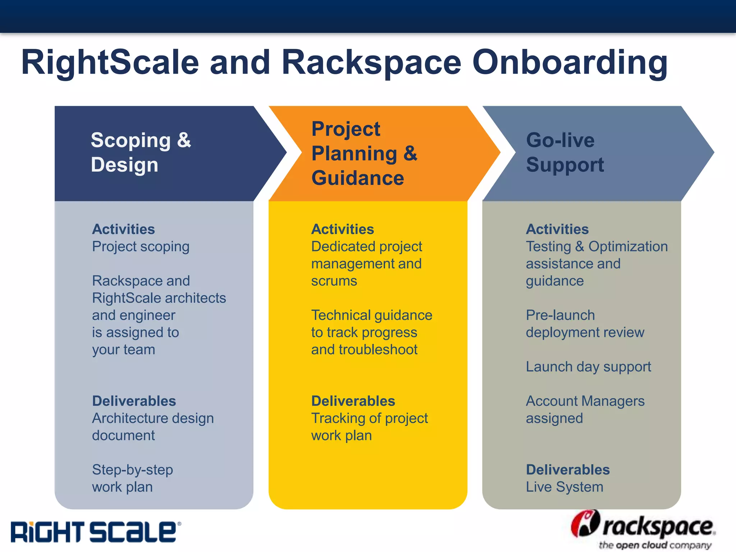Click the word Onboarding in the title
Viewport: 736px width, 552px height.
[570, 63]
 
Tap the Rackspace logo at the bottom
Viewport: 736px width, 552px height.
[643, 529]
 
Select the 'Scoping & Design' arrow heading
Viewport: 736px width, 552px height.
[141, 152]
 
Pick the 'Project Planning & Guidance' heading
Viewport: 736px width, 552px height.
[364, 153]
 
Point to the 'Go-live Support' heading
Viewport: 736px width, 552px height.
[565, 152]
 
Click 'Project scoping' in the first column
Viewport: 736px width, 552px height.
[141, 247]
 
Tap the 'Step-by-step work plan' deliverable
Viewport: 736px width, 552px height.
[132, 478]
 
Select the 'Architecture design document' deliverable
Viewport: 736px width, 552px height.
[153, 427]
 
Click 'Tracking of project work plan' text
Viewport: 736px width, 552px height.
[369, 427]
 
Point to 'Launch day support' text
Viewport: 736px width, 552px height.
[588, 367]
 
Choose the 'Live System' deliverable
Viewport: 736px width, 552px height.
[564, 487]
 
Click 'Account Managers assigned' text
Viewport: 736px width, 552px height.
[585, 410]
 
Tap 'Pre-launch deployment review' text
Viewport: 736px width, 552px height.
[585, 324]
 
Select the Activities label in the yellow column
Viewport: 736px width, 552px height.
[342, 229]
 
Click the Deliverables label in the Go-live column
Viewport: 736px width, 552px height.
[568, 470]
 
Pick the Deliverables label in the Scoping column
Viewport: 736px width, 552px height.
[134, 401]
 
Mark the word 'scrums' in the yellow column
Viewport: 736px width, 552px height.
[334, 281]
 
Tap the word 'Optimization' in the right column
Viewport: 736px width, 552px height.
[628, 247]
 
